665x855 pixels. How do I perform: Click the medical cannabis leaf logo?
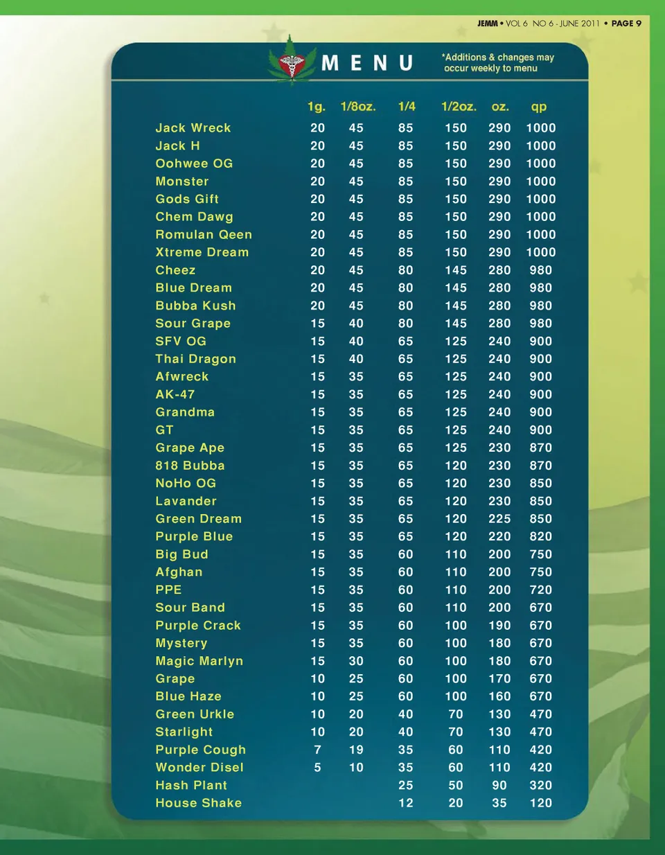pyautogui.click(x=292, y=62)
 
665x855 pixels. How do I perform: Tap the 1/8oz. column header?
pyautogui.click(x=358, y=107)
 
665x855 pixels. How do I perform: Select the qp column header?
pyautogui.click(x=539, y=107)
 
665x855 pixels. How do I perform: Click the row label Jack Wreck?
pyautogui.click(x=193, y=128)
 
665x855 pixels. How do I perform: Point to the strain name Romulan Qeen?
pyautogui.click(x=204, y=235)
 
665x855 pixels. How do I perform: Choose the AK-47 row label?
pyautogui.click(x=175, y=394)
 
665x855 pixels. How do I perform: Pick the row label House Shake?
pyautogui.click(x=199, y=803)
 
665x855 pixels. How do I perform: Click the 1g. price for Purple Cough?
pyautogui.click(x=317, y=750)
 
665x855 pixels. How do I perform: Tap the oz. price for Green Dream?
pyautogui.click(x=499, y=519)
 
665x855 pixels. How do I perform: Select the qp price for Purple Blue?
pyautogui.click(x=541, y=536)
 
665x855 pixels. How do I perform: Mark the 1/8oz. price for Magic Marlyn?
pyautogui.click(x=356, y=661)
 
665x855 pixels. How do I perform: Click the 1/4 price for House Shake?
pyautogui.click(x=406, y=803)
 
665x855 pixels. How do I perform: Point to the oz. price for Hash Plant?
pyautogui.click(x=499, y=785)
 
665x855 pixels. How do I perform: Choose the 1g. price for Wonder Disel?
pyautogui.click(x=317, y=768)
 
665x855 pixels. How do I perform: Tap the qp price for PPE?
pyautogui.click(x=541, y=590)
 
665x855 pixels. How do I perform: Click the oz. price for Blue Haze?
pyautogui.click(x=499, y=696)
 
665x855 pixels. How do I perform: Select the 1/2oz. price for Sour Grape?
pyautogui.click(x=456, y=324)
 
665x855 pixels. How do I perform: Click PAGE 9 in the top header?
pyautogui.click(x=626, y=24)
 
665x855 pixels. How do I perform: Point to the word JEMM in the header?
pyautogui.click(x=488, y=24)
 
